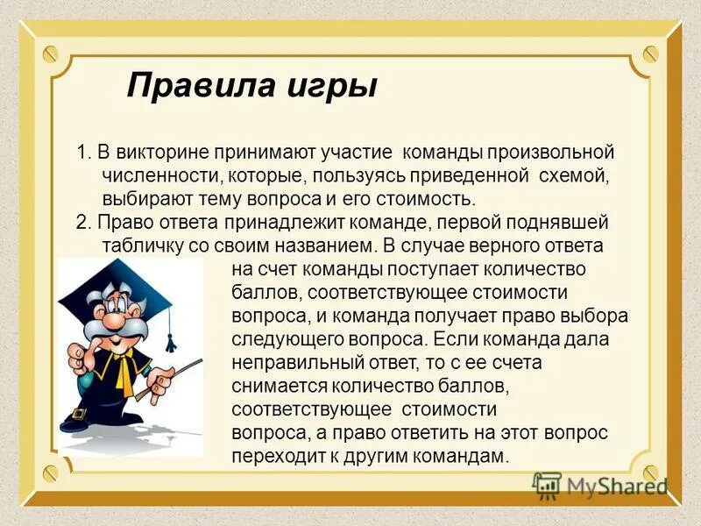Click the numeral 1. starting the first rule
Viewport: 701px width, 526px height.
[83, 153]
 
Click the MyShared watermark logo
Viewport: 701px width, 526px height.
[599, 485]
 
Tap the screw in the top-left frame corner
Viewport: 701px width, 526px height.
[50, 53]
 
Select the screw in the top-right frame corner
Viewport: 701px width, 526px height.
[649, 53]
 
